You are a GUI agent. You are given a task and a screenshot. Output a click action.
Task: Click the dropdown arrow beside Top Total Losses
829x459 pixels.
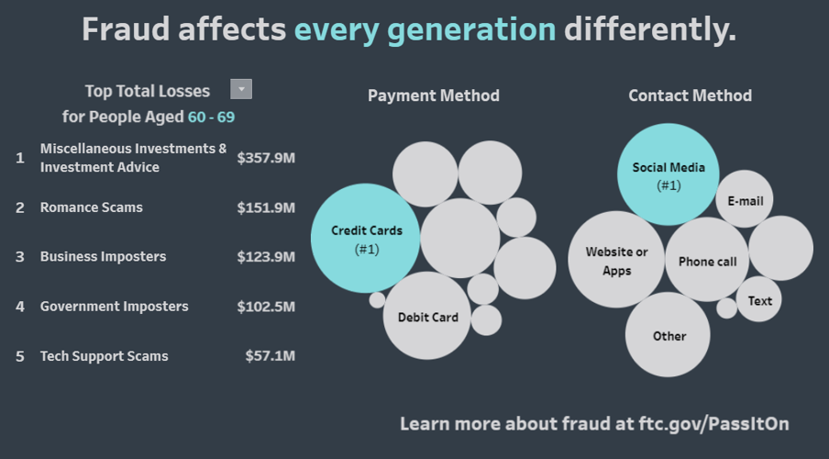click(x=241, y=89)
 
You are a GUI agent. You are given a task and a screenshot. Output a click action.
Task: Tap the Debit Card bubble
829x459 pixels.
click(x=427, y=316)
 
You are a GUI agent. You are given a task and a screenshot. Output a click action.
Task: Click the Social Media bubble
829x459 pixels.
click(x=669, y=174)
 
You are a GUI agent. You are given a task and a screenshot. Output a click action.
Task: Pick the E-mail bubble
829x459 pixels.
click(x=745, y=199)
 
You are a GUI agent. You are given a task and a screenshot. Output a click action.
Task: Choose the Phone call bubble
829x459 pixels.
click(x=707, y=260)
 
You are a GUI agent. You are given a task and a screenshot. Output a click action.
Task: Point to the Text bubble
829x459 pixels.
click(x=759, y=300)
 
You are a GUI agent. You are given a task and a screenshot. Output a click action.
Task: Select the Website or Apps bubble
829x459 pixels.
click(x=616, y=260)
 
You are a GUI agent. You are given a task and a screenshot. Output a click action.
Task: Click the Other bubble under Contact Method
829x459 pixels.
click(x=669, y=335)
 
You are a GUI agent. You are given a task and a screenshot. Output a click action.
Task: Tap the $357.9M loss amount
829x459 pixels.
click(x=265, y=158)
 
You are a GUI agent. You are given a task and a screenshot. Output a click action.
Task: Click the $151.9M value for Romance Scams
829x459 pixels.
click(x=265, y=207)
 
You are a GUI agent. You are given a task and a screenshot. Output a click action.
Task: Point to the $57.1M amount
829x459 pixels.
click(x=270, y=355)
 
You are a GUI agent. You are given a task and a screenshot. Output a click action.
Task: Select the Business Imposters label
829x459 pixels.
click(x=103, y=256)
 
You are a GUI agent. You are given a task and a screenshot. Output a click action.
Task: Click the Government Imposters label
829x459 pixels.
click(x=114, y=306)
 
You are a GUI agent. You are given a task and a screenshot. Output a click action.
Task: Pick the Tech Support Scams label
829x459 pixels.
click(x=104, y=355)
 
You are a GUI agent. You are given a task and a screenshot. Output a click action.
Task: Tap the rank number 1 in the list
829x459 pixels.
click(x=20, y=158)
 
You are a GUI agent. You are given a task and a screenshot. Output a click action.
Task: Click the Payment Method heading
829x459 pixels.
click(x=434, y=95)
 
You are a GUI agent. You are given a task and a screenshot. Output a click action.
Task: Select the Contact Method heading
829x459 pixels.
click(x=690, y=95)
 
